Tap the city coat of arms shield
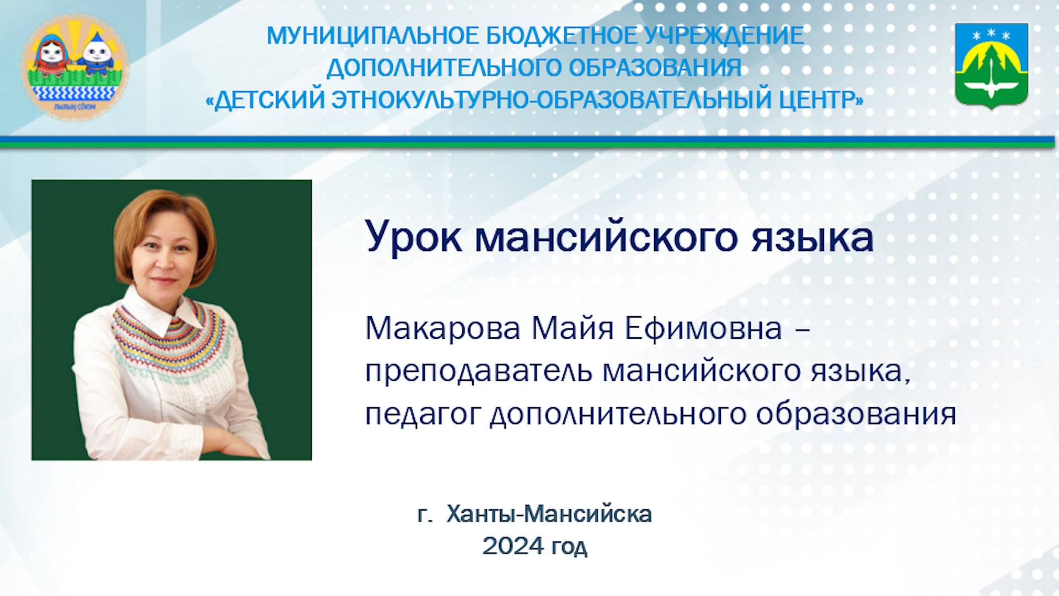click(x=991, y=65)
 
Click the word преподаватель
click(x=479, y=372)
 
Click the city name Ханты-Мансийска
click(x=549, y=514)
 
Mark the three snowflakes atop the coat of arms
click(x=991, y=35)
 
